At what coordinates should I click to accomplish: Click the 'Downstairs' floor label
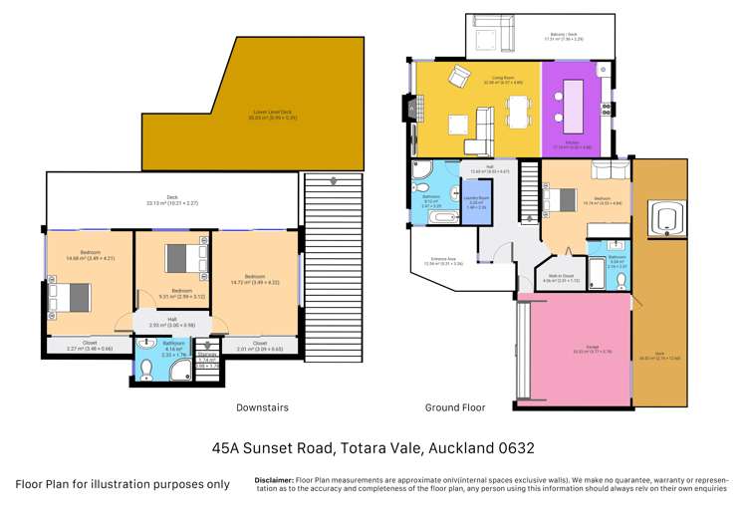click(x=262, y=407)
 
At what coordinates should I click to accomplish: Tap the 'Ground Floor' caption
click(x=456, y=407)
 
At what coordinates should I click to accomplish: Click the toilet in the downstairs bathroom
click(x=146, y=369)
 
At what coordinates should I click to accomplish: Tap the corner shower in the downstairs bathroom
click(x=181, y=370)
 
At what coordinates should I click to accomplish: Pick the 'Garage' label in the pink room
click(x=579, y=349)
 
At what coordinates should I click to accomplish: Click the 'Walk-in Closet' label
click(x=563, y=278)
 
